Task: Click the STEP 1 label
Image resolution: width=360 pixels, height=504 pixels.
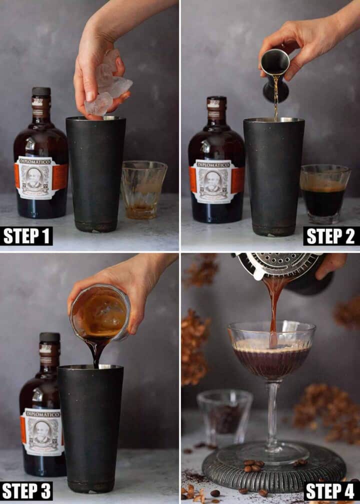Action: point(27,235)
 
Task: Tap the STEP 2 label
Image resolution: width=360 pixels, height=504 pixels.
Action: point(331,235)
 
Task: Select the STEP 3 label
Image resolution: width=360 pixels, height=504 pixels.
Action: point(27,490)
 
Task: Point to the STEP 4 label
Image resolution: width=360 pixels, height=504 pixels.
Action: point(331,490)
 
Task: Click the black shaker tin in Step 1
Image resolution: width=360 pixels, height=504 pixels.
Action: point(95,175)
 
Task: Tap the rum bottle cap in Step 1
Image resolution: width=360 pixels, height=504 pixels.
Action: point(41,91)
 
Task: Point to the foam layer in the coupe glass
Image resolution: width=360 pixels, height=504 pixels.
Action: point(271,345)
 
